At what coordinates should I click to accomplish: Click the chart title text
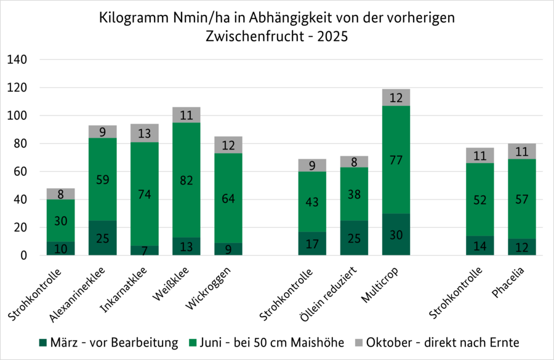(x=277, y=26)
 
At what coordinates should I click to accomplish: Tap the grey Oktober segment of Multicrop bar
(x=396, y=97)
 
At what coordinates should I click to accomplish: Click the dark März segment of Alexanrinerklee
(x=102, y=238)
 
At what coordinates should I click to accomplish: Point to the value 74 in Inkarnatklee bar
(x=145, y=195)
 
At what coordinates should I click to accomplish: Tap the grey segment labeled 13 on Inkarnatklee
(x=145, y=133)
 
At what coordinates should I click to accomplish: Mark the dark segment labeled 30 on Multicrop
(x=396, y=234)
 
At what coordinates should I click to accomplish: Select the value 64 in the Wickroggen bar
(x=228, y=198)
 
